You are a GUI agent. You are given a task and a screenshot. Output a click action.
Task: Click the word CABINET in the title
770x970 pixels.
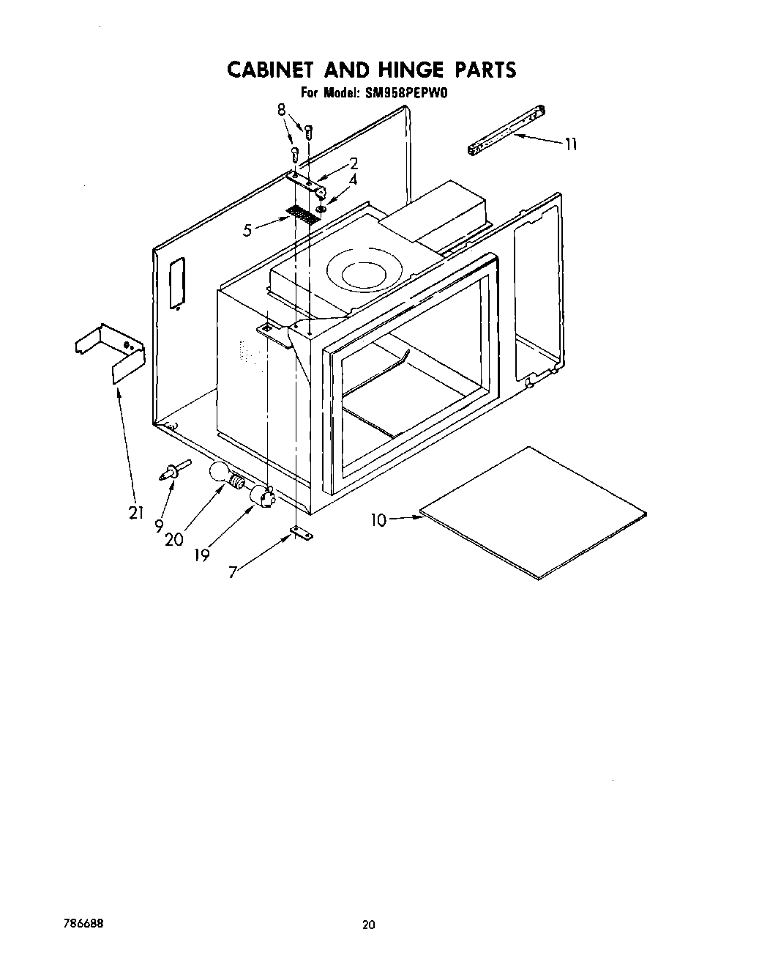tap(269, 70)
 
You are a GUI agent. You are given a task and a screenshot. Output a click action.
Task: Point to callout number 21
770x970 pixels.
tap(135, 513)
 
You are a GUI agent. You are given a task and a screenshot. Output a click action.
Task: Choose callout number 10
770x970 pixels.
tap(378, 520)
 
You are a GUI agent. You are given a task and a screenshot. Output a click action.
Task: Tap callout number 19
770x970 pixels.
tap(202, 555)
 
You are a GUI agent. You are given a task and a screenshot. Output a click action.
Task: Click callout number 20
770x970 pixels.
tap(173, 540)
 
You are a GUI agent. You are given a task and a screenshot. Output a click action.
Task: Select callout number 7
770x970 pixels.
tap(233, 573)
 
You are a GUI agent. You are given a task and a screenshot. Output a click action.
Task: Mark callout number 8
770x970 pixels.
tap(280, 110)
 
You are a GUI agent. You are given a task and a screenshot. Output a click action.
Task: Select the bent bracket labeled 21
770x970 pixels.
tap(112, 354)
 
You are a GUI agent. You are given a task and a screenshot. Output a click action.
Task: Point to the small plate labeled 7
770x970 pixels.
tap(300, 534)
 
